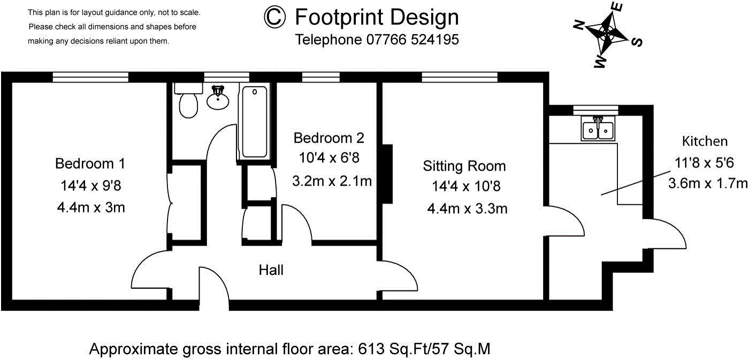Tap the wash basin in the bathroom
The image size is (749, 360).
218,97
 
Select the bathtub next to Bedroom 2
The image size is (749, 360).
255,121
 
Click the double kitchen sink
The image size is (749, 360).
598,128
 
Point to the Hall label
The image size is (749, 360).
271,270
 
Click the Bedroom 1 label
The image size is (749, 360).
90,164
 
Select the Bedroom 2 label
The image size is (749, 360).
328,137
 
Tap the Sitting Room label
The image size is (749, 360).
464,166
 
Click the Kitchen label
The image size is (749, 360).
705,141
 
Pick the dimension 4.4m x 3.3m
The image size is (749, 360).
467,209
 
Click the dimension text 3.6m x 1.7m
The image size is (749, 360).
708,183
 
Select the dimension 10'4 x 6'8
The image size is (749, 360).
329,157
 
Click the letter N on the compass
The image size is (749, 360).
579,25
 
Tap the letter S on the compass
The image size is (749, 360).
637,42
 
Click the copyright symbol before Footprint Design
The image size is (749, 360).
274,17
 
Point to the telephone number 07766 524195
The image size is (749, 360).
412,40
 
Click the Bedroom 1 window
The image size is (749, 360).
90,77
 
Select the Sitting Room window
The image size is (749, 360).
460,77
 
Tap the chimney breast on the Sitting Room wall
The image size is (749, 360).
387,173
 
